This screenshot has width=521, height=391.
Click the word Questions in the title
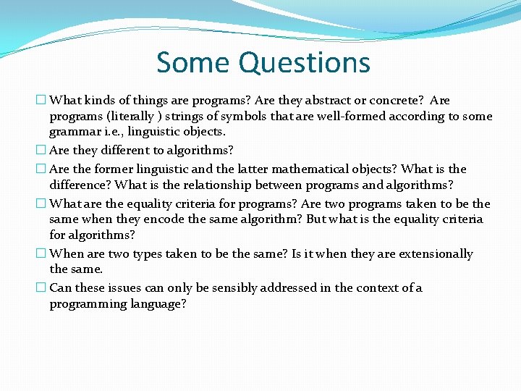305,64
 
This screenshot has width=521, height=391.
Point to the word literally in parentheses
129,116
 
